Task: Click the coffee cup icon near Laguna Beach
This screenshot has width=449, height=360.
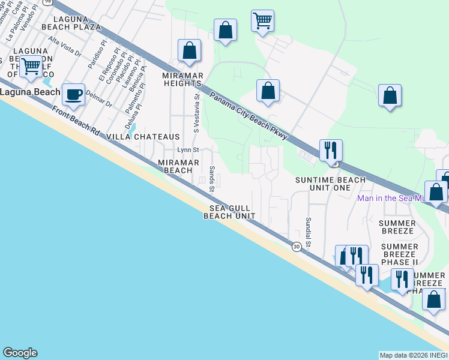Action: tap(73, 94)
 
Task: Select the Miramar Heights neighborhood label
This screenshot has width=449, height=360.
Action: tap(184, 79)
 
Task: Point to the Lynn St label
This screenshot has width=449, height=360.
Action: tap(187, 149)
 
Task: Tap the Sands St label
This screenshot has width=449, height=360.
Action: tap(212, 179)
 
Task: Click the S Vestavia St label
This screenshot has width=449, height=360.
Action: tap(195, 112)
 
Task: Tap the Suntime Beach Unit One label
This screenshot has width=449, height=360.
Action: tap(330, 184)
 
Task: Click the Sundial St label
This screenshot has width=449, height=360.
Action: tap(309, 232)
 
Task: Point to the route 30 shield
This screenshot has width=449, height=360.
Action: tap(297, 246)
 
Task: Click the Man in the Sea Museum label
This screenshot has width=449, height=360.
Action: tap(391, 198)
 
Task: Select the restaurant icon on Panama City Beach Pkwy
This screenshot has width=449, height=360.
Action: tap(330, 150)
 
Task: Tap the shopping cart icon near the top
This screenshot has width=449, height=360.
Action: tap(262, 20)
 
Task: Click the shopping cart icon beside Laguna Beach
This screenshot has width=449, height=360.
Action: tap(30, 66)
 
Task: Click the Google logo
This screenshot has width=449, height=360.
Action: tap(20, 353)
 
